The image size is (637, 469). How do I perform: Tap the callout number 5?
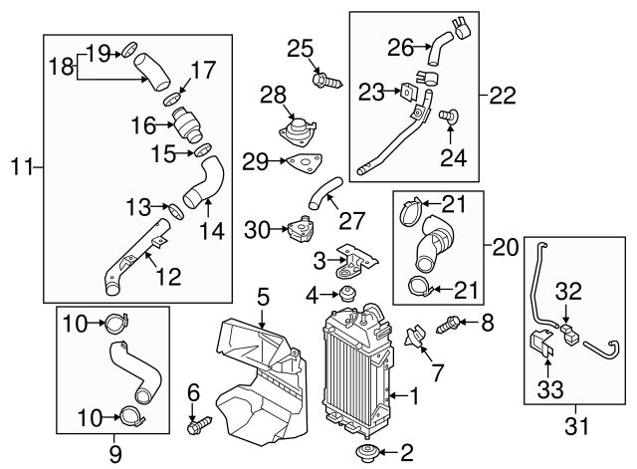pos(263,296)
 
